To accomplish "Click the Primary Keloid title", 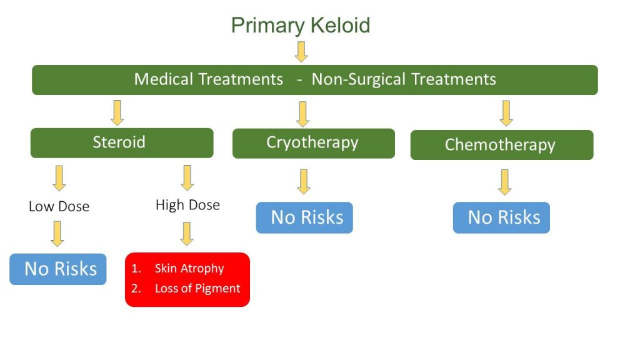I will pos(301,26).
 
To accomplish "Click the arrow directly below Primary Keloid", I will pos(301,51).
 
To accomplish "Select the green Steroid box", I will pos(122,142).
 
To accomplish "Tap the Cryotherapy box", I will pos(313,143).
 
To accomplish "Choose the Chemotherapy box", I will pos(501,145).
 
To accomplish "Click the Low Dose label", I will pos(59,206).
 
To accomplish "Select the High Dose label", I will pos(187,205).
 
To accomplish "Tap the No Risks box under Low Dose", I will pos(58,269).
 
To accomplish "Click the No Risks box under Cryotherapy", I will pos(304,217).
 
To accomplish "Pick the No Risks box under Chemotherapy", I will pos(501,217).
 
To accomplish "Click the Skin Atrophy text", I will pos(189,269).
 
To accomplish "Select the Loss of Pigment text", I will pos(197,289).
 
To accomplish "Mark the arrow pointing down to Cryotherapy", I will pos(303,114).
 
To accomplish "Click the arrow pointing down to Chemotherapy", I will pos(506,113).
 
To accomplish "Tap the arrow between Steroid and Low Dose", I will pos(59,177).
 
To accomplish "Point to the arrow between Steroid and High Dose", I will pos(187,177).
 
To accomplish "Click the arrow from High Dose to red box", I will pos(186,234).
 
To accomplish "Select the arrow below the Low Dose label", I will pos(57,234).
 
